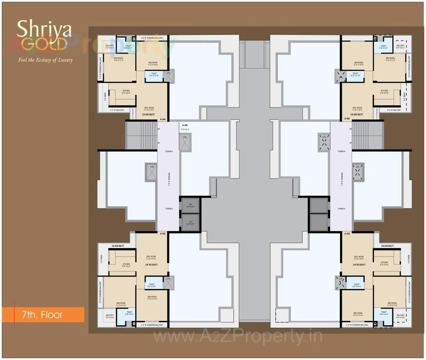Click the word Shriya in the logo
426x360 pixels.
click(x=44, y=29)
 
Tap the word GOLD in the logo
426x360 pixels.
click(x=44, y=44)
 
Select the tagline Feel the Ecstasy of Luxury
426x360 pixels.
click(x=45, y=60)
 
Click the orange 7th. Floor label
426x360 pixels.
click(x=43, y=315)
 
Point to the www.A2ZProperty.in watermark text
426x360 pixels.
click(x=238, y=336)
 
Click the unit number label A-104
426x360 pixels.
click(x=163, y=119)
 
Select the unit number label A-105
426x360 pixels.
click(x=347, y=119)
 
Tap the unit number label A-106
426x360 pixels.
click(x=185, y=125)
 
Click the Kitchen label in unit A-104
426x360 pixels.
click(x=126, y=92)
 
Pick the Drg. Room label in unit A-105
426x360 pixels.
click(x=357, y=109)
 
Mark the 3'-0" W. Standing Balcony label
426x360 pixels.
click(x=152, y=38)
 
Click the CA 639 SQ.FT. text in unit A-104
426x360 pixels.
click(x=148, y=115)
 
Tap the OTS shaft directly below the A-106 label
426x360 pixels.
click(x=185, y=142)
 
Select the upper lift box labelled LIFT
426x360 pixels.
click(x=191, y=206)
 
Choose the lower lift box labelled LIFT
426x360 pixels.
click(x=191, y=223)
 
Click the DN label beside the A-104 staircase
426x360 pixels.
click(x=159, y=129)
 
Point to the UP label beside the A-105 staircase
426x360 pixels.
click(x=350, y=143)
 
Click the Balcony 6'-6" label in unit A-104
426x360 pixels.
click(x=110, y=47)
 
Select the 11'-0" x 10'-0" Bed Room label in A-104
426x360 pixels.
click(x=152, y=64)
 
